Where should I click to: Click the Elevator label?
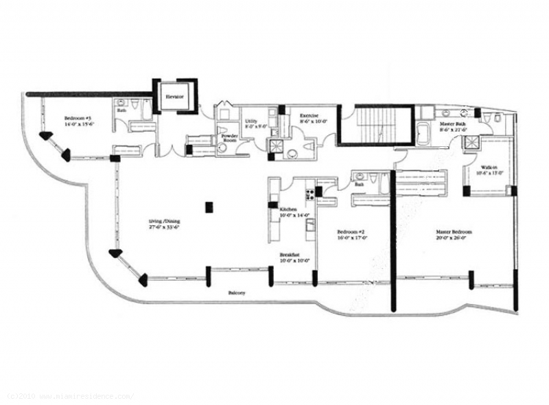tap(174, 97)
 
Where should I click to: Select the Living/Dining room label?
tap(165, 221)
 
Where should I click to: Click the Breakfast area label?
tap(290, 255)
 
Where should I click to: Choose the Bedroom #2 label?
tap(353, 233)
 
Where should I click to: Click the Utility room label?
tap(251, 122)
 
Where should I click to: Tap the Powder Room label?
tap(229, 138)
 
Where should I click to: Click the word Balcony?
tap(237, 293)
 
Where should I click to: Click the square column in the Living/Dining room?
tap(210, 205)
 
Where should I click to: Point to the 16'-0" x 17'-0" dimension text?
tap(353, 239)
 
